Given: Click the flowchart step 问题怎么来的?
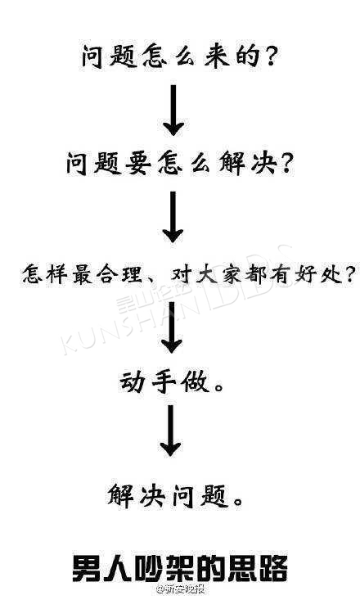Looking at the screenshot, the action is [178, 57].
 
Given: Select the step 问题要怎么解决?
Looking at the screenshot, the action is [179, 164].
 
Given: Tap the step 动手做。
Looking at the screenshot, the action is [171, 381].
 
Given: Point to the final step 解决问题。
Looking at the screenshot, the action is [175, 494].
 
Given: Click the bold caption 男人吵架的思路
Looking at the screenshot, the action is [180, 567].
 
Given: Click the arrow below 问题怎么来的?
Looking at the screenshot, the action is [173, 111].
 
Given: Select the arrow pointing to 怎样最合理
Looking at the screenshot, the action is [173, 217].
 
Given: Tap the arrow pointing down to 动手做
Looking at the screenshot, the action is [172, 323].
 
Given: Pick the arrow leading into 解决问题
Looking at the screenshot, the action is [171, 431].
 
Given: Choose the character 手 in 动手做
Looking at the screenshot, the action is [164, 381].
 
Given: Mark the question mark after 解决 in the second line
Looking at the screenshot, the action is [285, 165].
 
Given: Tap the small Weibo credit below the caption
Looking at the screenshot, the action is [180, 589].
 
